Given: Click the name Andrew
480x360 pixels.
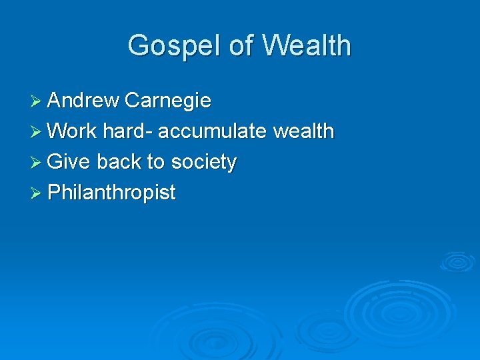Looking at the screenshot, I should pyautogui.click(x=83, y=101).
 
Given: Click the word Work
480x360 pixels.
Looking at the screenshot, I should pyautogui.click(x=73, y=131).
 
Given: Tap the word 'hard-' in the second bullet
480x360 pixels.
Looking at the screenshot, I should pyautogui.click(x=128, y=131).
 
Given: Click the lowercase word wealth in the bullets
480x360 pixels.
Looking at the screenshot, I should pyautogui.click(x=303, y=131).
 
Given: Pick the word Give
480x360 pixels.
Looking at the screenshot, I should pyautogui.click(x=69, y=162).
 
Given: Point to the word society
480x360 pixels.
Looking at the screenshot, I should pyautogui.click(x=204, y=162).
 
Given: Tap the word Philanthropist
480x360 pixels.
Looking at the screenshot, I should pyautogui.click(x=112, y=193).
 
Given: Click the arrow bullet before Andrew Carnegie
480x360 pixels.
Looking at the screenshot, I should pyautogui.click(x=37, y=101).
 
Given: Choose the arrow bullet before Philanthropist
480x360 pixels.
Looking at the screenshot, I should pyautogui.click(x=37, y=193).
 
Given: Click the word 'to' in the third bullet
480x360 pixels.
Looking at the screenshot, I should pyautogui.click(x=157, y=162).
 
